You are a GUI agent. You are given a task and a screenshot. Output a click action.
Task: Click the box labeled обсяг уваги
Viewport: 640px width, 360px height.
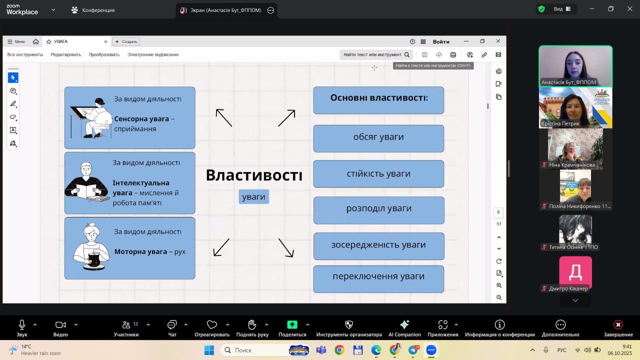click(378, 137)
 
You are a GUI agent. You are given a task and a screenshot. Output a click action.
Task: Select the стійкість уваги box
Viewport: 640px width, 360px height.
click(378, 174)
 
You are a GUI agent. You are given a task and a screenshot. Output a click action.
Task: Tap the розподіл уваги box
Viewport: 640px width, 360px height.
click(378, 208)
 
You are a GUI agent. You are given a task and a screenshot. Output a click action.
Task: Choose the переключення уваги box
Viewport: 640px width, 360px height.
click(378, 276)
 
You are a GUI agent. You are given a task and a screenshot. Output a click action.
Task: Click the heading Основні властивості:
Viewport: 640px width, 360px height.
click(378, 98)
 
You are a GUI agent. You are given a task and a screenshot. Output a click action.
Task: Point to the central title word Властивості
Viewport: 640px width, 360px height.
click(254, 175)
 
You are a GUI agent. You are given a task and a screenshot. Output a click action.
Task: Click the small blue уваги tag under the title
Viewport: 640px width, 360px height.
click(253, 196)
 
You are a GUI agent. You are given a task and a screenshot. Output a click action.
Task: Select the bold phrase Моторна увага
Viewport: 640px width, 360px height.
click(140, 251)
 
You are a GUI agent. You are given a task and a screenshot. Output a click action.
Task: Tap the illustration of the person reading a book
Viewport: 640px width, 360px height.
click(87, 183)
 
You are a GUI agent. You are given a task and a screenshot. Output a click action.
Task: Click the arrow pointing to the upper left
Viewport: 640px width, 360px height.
click(224, 117)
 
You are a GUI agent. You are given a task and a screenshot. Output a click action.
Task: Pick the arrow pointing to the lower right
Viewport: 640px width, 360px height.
click(286, 247)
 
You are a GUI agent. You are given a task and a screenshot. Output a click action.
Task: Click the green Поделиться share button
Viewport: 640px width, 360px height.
click(292, 324)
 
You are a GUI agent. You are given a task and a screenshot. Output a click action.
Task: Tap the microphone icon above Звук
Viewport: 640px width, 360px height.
click(22, 324)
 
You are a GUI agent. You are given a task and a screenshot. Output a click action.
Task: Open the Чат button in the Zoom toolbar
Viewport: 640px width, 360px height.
click(172, 324)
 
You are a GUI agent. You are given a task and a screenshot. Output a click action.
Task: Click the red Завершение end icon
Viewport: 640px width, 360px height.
click(618, 324)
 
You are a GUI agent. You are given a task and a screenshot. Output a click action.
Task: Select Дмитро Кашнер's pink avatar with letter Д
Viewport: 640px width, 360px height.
click(575, 272)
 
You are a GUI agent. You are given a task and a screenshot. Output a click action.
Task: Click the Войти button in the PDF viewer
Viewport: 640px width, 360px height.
click(441, 41)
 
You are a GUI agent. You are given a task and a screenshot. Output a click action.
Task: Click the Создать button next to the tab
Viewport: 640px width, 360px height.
click(126, 41)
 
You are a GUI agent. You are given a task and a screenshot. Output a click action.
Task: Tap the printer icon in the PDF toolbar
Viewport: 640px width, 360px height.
click(453, 54)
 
